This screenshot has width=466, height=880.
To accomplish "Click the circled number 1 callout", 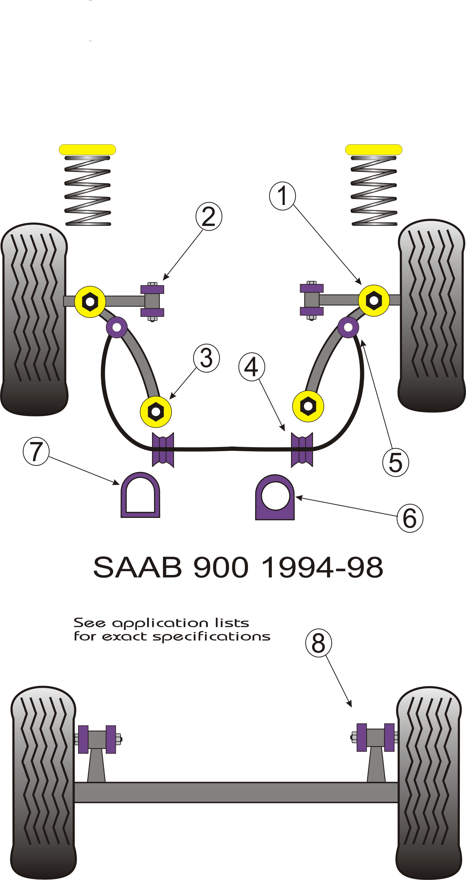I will (x=282, y=196).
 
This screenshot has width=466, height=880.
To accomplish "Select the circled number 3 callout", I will (x=206, y=358).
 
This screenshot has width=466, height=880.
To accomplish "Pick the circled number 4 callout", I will (x=252, y=367).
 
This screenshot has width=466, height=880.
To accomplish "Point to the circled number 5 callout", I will (x=396, y=462).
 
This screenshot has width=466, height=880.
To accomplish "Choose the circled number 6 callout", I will (x=410, y=518).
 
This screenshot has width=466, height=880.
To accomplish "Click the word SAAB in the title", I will (x=138, y=567).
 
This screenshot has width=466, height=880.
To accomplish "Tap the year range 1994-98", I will (x=322, y=567).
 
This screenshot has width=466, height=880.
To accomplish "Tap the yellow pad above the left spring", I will (x=87, y=150).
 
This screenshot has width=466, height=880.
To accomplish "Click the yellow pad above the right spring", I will (x=374, y=150).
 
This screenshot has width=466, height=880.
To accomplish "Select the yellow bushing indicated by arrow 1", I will (x=374, y=300).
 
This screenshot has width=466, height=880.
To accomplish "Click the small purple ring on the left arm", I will (x=117, y=327).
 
